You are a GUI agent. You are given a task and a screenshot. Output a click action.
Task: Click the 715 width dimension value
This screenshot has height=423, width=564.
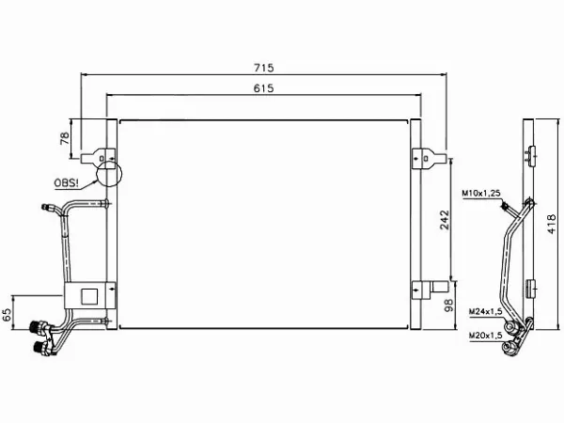263,68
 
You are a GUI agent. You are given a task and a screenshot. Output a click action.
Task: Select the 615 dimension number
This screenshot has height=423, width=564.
263,88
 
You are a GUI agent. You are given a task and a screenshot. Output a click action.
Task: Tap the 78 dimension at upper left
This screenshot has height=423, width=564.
65,138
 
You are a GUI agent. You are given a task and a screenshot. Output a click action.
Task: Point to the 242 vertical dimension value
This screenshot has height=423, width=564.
445,220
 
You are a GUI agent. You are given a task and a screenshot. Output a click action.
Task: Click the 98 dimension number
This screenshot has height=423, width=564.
448,305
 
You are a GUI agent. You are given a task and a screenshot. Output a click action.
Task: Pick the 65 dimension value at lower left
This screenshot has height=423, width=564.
8,314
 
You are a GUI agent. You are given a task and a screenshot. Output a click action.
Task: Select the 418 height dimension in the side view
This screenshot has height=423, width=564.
552,224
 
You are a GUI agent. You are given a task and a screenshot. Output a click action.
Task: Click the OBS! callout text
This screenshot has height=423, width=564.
66,183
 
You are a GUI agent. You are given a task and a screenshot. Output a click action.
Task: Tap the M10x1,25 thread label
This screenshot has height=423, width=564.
481,194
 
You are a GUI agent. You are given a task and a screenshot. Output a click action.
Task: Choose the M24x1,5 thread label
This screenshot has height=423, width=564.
486,311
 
